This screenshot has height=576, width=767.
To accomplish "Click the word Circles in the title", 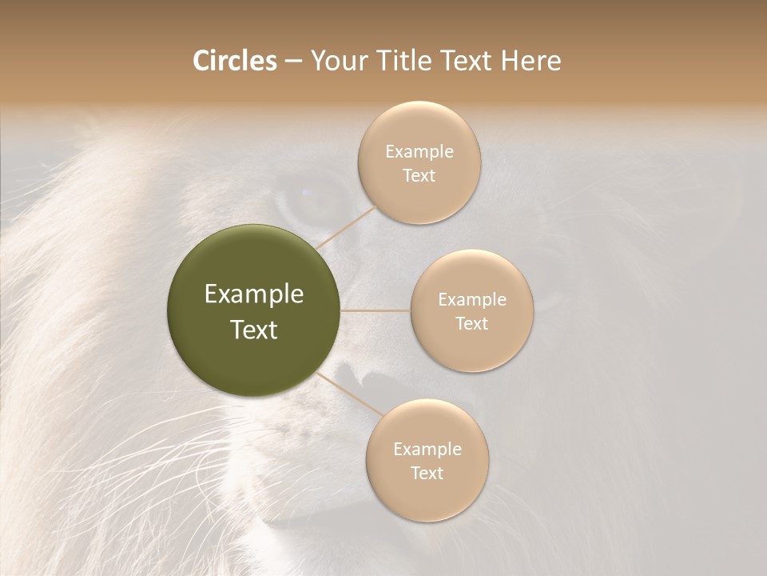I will click(234, 61).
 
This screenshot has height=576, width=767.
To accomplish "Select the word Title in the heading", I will click(408, 61).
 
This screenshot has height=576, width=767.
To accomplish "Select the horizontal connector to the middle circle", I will click(376, 310).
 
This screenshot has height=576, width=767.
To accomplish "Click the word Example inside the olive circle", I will click(254, 294).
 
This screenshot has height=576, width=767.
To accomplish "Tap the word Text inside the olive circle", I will click(254, 330).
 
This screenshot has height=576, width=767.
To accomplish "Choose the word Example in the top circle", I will click(419, 152).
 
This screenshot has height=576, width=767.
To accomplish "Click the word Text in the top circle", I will click(419, 176).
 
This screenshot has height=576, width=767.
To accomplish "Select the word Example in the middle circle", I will click(471, 300).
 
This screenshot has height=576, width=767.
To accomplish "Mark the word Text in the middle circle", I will click(471, 324).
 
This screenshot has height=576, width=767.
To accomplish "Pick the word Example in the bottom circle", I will click(427, 450).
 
